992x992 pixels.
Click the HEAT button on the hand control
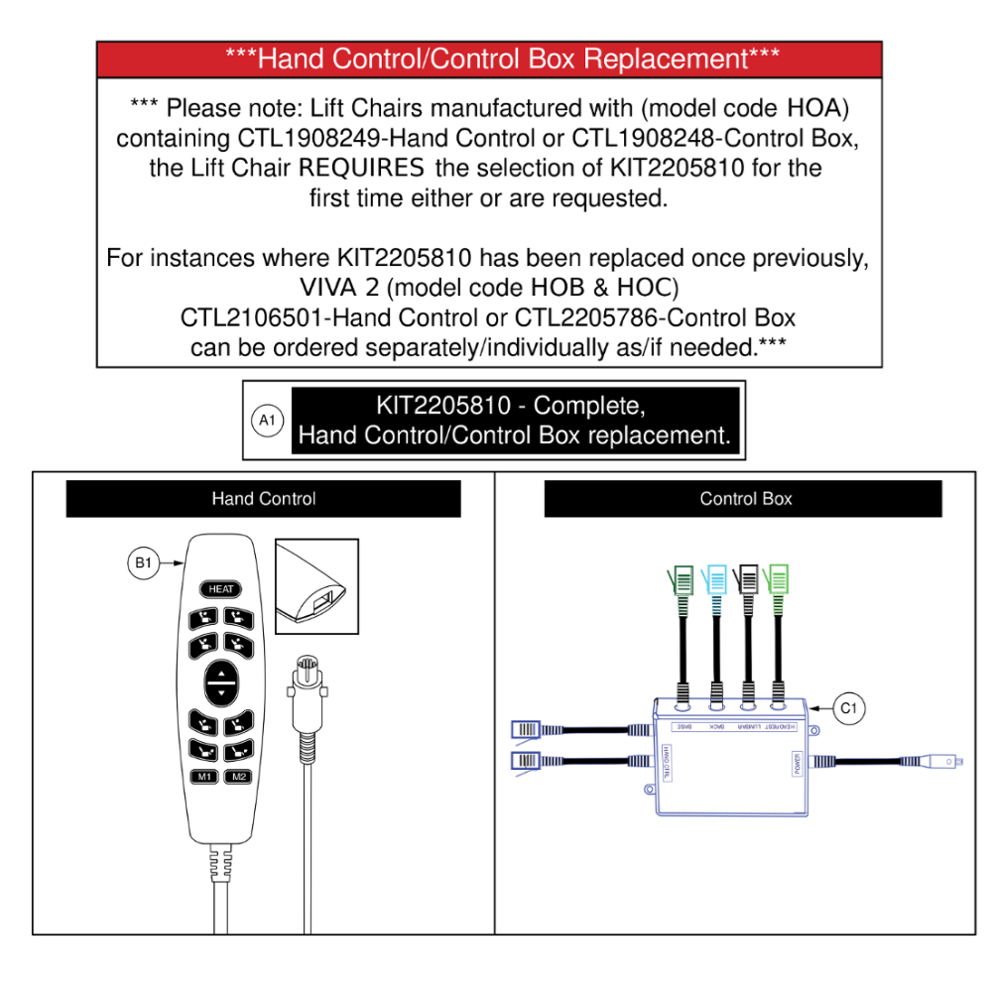(x=220, y=589)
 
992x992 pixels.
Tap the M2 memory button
(x=238, y=777)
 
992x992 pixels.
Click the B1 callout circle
(x=143, y=563)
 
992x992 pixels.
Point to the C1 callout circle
(x=848, y=708)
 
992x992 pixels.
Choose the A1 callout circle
(x=267, y=421)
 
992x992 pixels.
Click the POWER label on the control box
(x=797, y=764)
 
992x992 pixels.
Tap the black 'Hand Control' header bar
(x=263, y=499)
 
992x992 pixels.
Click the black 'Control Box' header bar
(x=743, y=499)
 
